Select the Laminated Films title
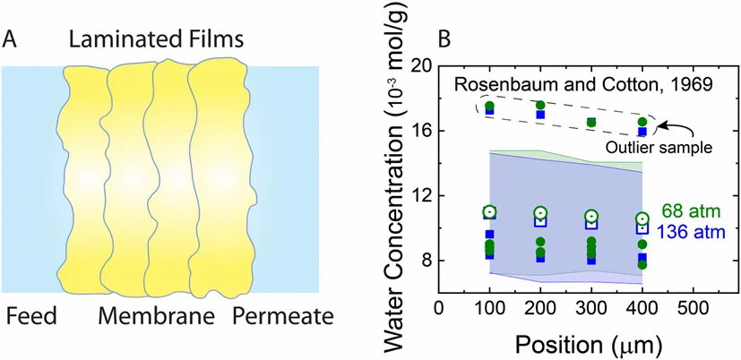pyautogui.click(x=158, y=39)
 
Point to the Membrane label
pyautogui.click(x=158, y=316)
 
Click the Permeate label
pyautogui.click(x=282, y=316)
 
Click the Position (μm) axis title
pyautogui.click(x=586, y=341)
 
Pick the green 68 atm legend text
pyautogui.click(x=693, y=212)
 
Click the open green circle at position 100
pyautogui.click(x=489, y=212)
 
